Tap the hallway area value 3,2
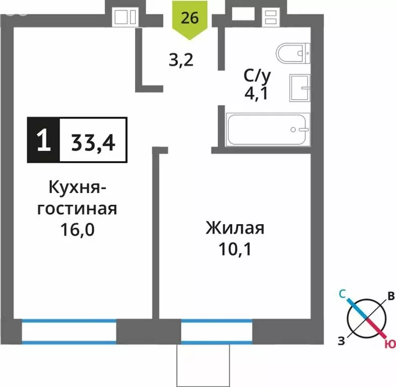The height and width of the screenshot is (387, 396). [x=181, y=61]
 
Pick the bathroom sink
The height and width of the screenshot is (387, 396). [x=301, y=89]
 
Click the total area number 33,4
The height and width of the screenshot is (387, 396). [x=93, y=140]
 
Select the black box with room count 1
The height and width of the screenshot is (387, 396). [x=43, y=140]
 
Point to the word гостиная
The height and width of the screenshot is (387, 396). [x=77, y=208]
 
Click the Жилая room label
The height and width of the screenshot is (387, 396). [x=235, y=228]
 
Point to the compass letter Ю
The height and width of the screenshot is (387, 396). [x=389, y=344]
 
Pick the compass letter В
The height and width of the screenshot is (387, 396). [x=390, y=297]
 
